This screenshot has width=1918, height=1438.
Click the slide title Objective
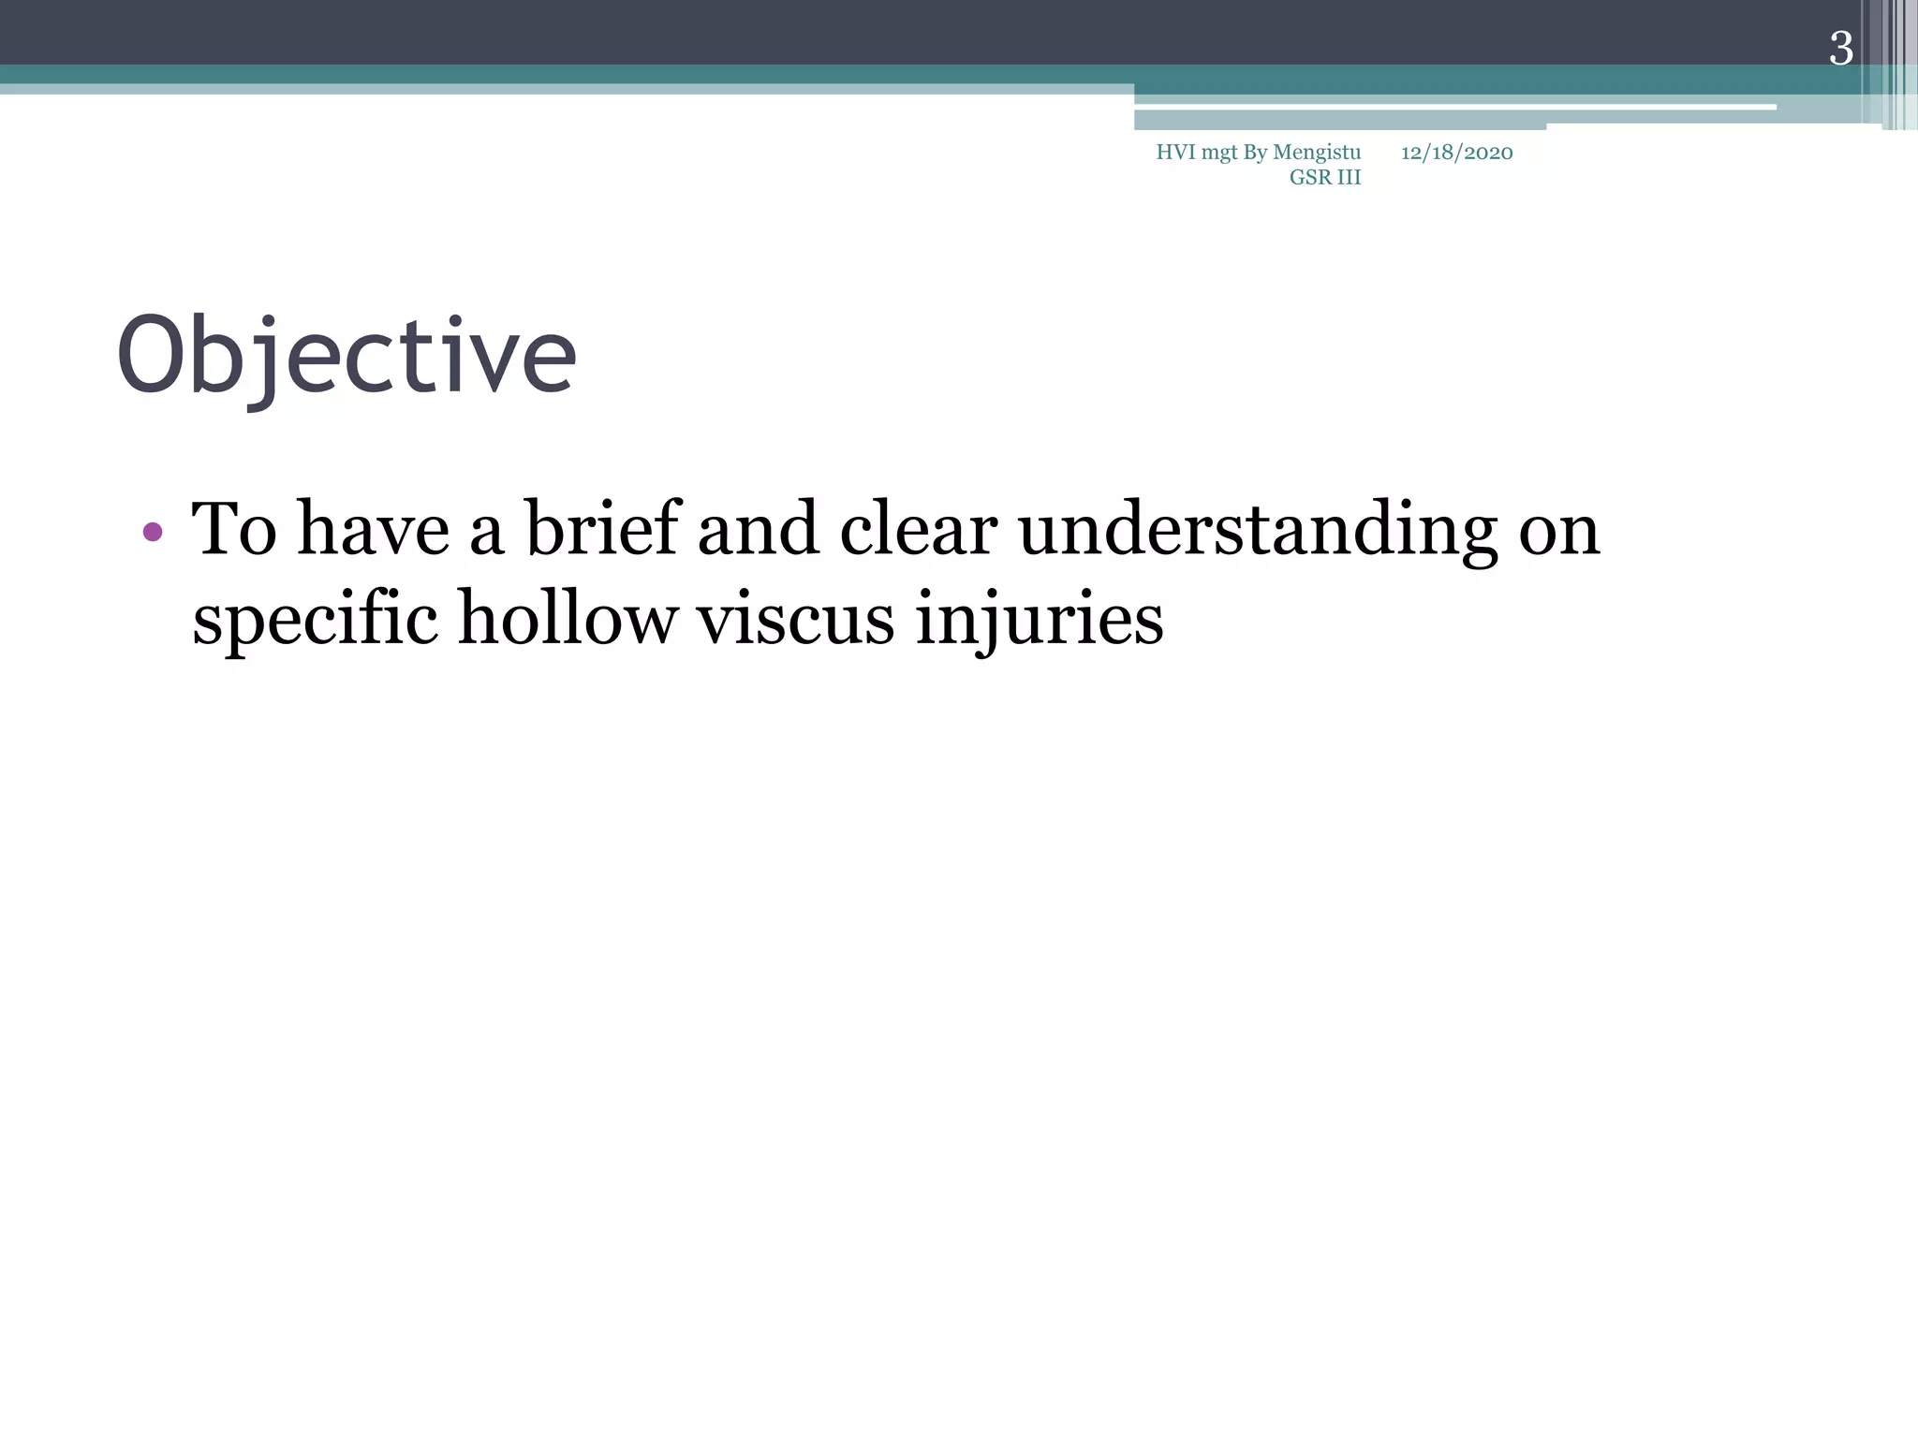coord(346,357)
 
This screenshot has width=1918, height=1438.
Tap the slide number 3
coord(1840,49)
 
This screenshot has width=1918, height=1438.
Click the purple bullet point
coord(153,533)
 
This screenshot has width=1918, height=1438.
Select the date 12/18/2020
coord(1456,153)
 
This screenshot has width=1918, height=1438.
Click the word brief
coord(601,529)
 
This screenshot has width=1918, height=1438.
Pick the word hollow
coord(567,619)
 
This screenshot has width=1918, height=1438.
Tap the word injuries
coord(1039,621)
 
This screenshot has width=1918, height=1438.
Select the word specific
coord(315,621)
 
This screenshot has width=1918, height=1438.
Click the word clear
coord(918,529)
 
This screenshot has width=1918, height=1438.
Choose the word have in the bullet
coord(373,529)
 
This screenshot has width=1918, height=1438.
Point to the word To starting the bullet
coord(234,529)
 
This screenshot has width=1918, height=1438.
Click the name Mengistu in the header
coord(1317,153)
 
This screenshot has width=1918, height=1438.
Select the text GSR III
coord(1324,178)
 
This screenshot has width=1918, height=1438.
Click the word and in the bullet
coord(758,529)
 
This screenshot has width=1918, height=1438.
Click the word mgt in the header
coord(1219,154)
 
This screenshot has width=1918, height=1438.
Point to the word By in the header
coord(1255,154)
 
